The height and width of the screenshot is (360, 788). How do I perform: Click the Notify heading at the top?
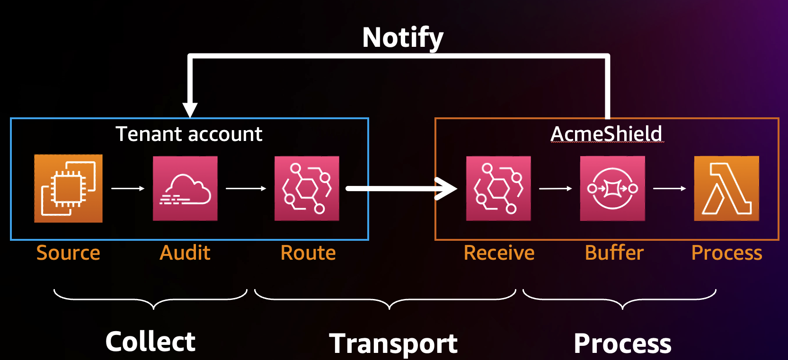pos(403,38)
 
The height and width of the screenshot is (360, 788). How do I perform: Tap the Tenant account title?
pos(189,134)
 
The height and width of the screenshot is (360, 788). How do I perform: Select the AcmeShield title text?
pos(606,134)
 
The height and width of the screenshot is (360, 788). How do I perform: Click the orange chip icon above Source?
pos(68,188)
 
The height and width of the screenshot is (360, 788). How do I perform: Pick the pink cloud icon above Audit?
pos(185,188)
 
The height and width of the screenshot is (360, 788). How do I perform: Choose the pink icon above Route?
pos(307,188)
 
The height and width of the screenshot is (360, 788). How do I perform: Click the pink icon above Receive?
pos(498,188)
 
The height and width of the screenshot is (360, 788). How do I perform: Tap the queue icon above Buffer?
pos(612,188)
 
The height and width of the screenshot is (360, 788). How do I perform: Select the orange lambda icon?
pos(726,188)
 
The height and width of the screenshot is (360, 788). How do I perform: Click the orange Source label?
pos(68,253)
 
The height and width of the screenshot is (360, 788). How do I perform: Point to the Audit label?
pos(185,253)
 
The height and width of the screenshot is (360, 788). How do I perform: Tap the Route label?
pos(308,253)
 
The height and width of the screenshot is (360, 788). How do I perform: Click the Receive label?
pos(499,253)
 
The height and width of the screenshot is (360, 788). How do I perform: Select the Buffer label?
pos(614,253)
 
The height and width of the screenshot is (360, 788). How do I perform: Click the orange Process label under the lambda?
pos(726,253)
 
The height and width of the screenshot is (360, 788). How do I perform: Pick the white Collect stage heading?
pos(151,342)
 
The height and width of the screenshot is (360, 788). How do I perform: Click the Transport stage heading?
pos(393,343)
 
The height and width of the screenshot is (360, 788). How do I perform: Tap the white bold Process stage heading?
pos(622,343)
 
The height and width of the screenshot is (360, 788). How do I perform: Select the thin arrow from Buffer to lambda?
pos(669,188)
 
